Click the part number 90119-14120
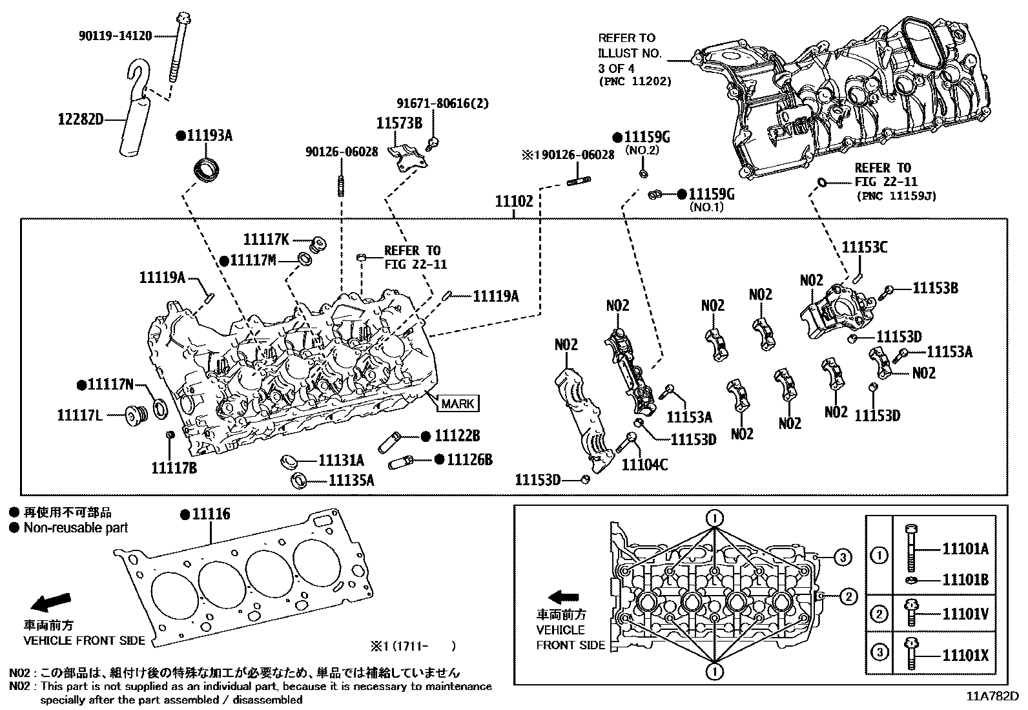[x=115, y=36]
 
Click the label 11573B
[x=399, y=123]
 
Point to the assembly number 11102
[x=514, y=202]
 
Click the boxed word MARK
[x=458, y=404]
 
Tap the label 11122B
[x=457, y=436]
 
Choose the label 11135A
[x=351, y=480]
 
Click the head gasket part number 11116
[x=211, y=514]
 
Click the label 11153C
[x=865, y=247]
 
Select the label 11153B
[x=935, y=288]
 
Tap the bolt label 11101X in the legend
[x=965, y=656]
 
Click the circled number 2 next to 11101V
[x=879, y=614]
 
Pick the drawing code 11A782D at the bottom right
[x=991, y=696]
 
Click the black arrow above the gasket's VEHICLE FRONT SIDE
[x=51, y=602]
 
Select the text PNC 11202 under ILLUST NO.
[x=635, y=81]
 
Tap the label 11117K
[x=266, y=239]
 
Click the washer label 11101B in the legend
[x=965, y=579]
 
